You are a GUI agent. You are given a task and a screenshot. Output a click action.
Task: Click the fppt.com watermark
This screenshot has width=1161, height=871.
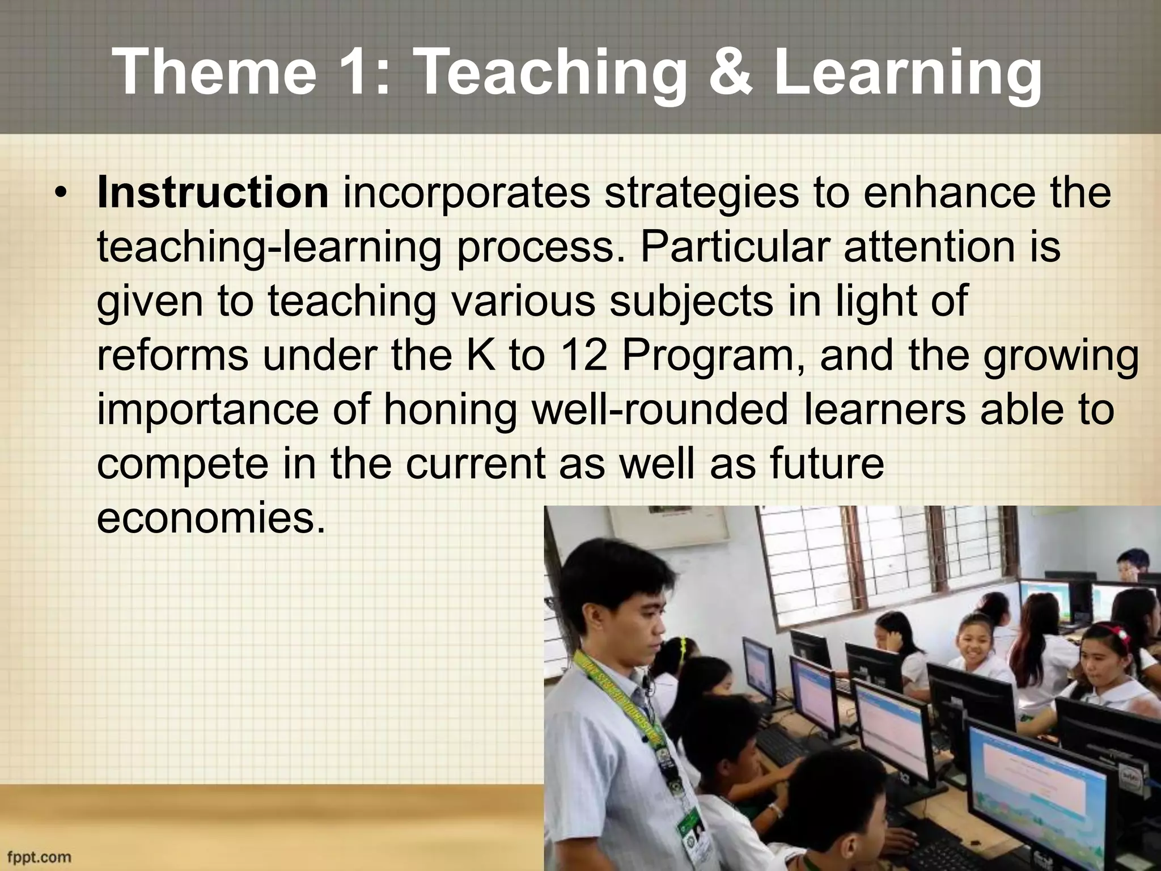(x=40, y=856)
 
